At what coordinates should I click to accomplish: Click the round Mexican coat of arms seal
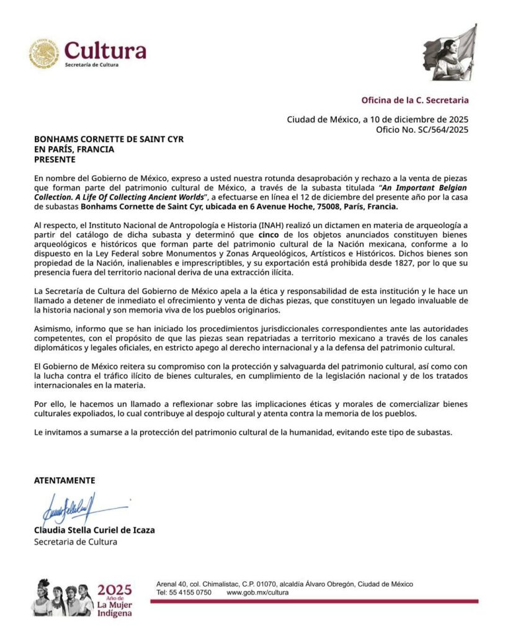(x=44, y=53)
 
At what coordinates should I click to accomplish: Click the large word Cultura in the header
(x=105, y=50)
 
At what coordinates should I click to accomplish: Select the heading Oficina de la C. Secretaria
(x=415, y=100)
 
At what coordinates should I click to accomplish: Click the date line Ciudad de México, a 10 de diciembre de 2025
(x=377, y=120)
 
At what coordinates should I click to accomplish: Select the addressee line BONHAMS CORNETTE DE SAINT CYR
(x=109, y=140)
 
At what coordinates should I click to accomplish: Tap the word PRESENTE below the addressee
(x=55, y=159)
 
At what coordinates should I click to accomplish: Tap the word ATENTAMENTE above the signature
(x=65, y=480)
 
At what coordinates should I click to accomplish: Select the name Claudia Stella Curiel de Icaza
(x=94, y=530)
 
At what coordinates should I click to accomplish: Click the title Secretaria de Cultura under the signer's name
(x=75, y=541)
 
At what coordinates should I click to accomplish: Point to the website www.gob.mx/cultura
(x=257, y=592)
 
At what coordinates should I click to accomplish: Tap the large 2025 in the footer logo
(x=115, y=589)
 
